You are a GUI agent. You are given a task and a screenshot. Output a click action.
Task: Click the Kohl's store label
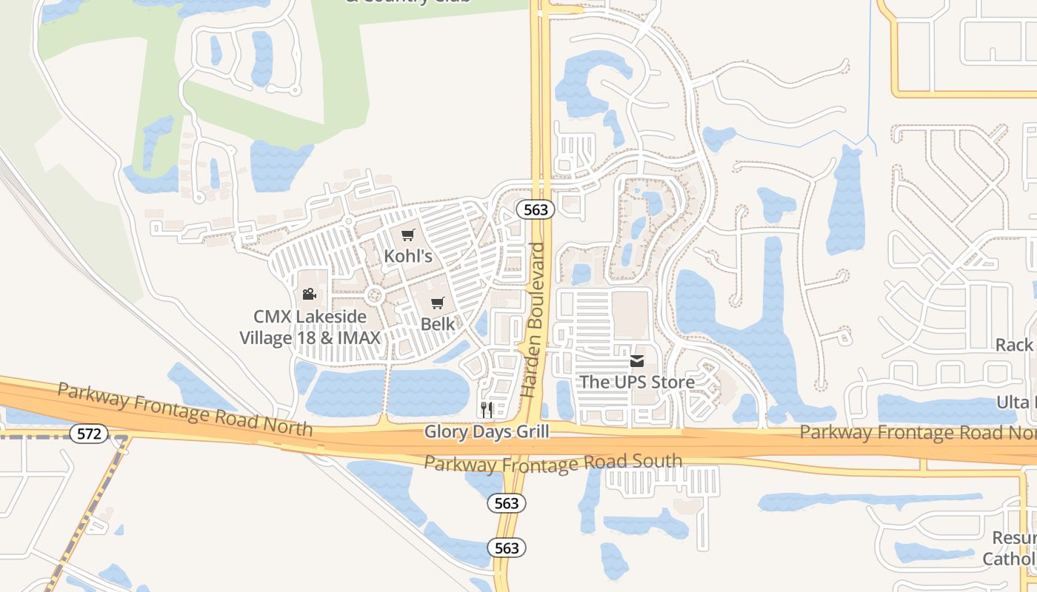click(408, 256)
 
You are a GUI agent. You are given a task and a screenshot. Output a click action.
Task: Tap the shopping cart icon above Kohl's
click(407, 235)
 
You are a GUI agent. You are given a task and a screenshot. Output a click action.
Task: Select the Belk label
click(438, 323)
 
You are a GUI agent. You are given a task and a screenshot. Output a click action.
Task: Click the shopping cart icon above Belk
click(438, 303)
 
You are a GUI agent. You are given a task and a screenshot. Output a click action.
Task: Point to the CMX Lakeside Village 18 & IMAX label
click(310, 327)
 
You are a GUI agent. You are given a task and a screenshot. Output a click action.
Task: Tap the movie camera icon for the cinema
click(309, 295)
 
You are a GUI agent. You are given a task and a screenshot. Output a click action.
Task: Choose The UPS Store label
click(637, 382)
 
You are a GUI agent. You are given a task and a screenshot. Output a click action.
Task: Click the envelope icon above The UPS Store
click(637, 361)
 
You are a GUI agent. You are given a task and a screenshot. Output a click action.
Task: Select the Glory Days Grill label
click(487, 431)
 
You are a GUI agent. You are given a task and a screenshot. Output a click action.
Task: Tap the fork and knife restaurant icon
click(487, 409)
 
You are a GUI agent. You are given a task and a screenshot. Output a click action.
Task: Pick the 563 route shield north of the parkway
click(536, 209)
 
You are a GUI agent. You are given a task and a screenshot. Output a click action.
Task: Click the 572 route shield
click(89, 434)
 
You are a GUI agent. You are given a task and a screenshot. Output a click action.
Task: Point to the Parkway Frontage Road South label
click(553, 463)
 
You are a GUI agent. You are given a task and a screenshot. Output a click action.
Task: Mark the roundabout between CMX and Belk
click(375, 295)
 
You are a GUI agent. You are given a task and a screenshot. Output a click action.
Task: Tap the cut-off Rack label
click(1015, 345)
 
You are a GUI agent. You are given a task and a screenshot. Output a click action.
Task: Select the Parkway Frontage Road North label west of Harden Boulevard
click(184, 410)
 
